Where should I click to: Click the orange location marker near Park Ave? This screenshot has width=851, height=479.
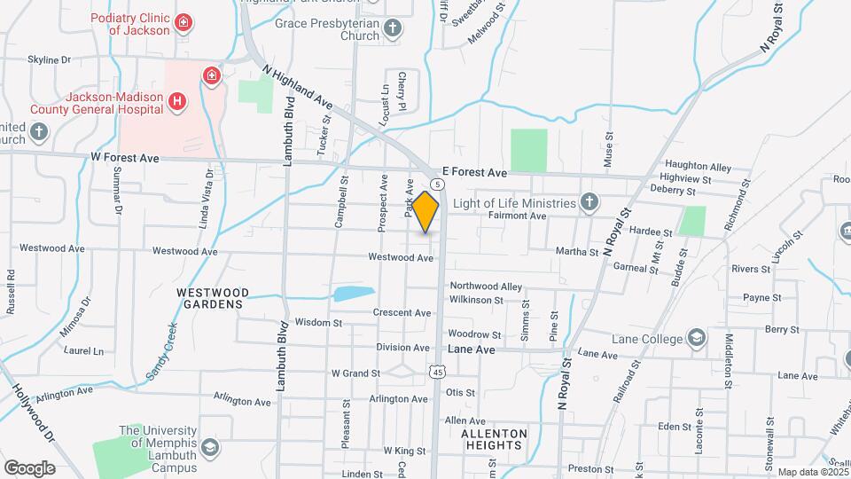[x=425, y=211]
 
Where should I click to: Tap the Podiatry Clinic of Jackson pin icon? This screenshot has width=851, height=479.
[x=183, y=22]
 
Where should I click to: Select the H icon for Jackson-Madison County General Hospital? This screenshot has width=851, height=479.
[x=177, y=102]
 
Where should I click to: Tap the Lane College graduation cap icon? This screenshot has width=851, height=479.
[x=697, y=338]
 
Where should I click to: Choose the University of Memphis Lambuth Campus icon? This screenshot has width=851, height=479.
[x=209, y=445]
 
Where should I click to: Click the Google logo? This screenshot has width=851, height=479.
[x=29, y=467]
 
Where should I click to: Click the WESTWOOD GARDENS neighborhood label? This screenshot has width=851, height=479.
[x=209, y=298]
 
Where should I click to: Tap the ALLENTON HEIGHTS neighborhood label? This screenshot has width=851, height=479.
[x=494, y=440]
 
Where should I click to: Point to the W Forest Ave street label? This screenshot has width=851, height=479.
[x=124, y=158]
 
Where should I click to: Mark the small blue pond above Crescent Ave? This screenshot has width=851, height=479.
[x=354, y=294]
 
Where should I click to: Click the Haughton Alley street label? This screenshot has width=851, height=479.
[x=698, y=167]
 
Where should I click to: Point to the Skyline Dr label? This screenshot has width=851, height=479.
[x=49, y=60]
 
